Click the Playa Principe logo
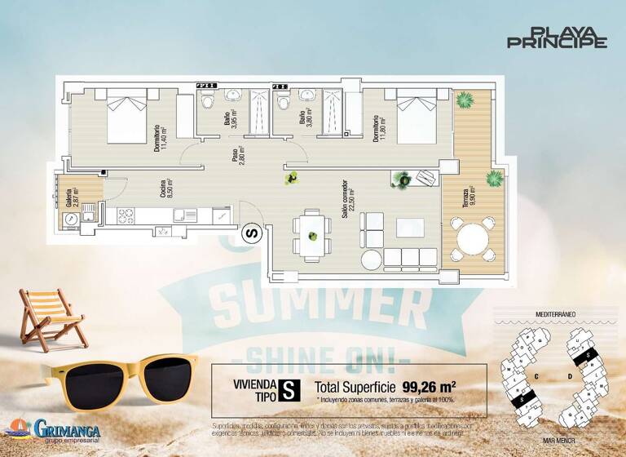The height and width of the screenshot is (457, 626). [558, 38]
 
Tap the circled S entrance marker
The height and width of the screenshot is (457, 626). [252, 233]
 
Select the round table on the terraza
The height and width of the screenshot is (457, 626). [473, 242]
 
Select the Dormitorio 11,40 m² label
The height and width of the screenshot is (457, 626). [160, 137]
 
